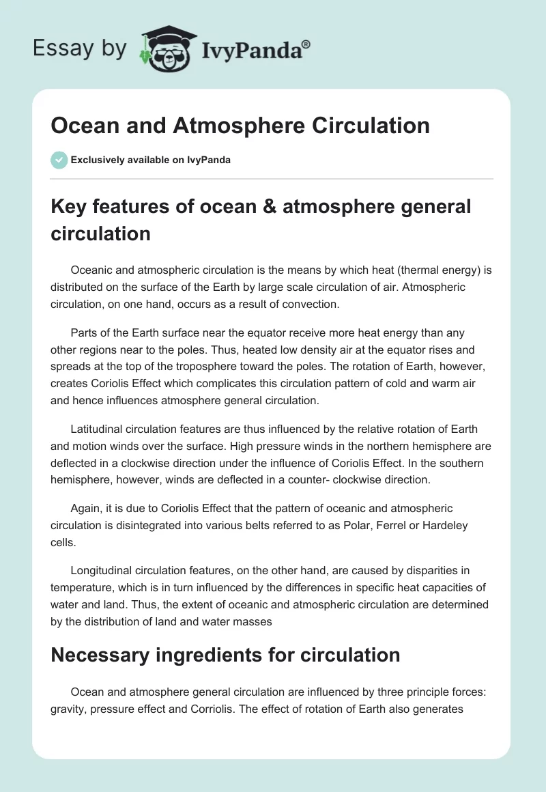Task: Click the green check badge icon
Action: pyautogui.click(x=59, y=160)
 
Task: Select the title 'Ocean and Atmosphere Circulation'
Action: pyautogui.click(x=240, y=126)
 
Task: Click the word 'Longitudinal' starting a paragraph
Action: pyautogui.click(x=102, y=571)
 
